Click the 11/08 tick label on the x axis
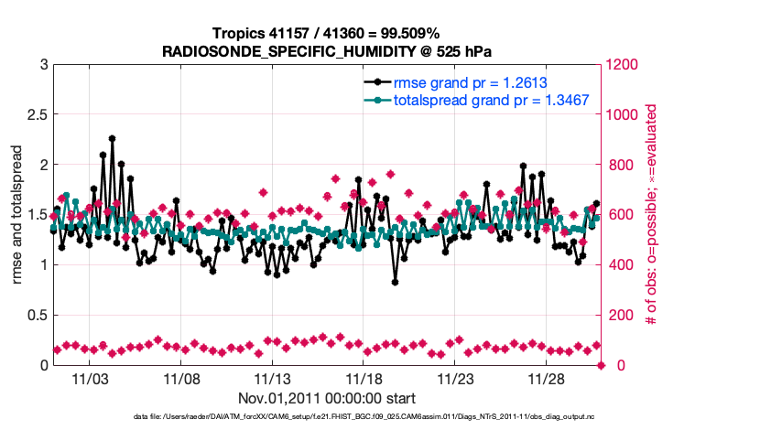click(x=181, y=378)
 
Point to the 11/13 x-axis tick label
click(x=272, y=378)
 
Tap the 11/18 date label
click(x=364, y=378)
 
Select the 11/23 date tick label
click(x=455, y=378)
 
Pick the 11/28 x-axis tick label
click(x=546, y=378)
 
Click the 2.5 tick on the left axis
click(x=35, y=115)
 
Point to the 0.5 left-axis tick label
click(x=35, y=316)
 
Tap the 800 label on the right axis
click(x=619, y=166)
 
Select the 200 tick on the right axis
click(x=619, y=316)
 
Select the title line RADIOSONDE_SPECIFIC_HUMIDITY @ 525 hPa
click(x=326, y=50)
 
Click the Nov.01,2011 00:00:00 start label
click(x=326, y=398)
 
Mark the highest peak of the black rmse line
click(x=112, y=138)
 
